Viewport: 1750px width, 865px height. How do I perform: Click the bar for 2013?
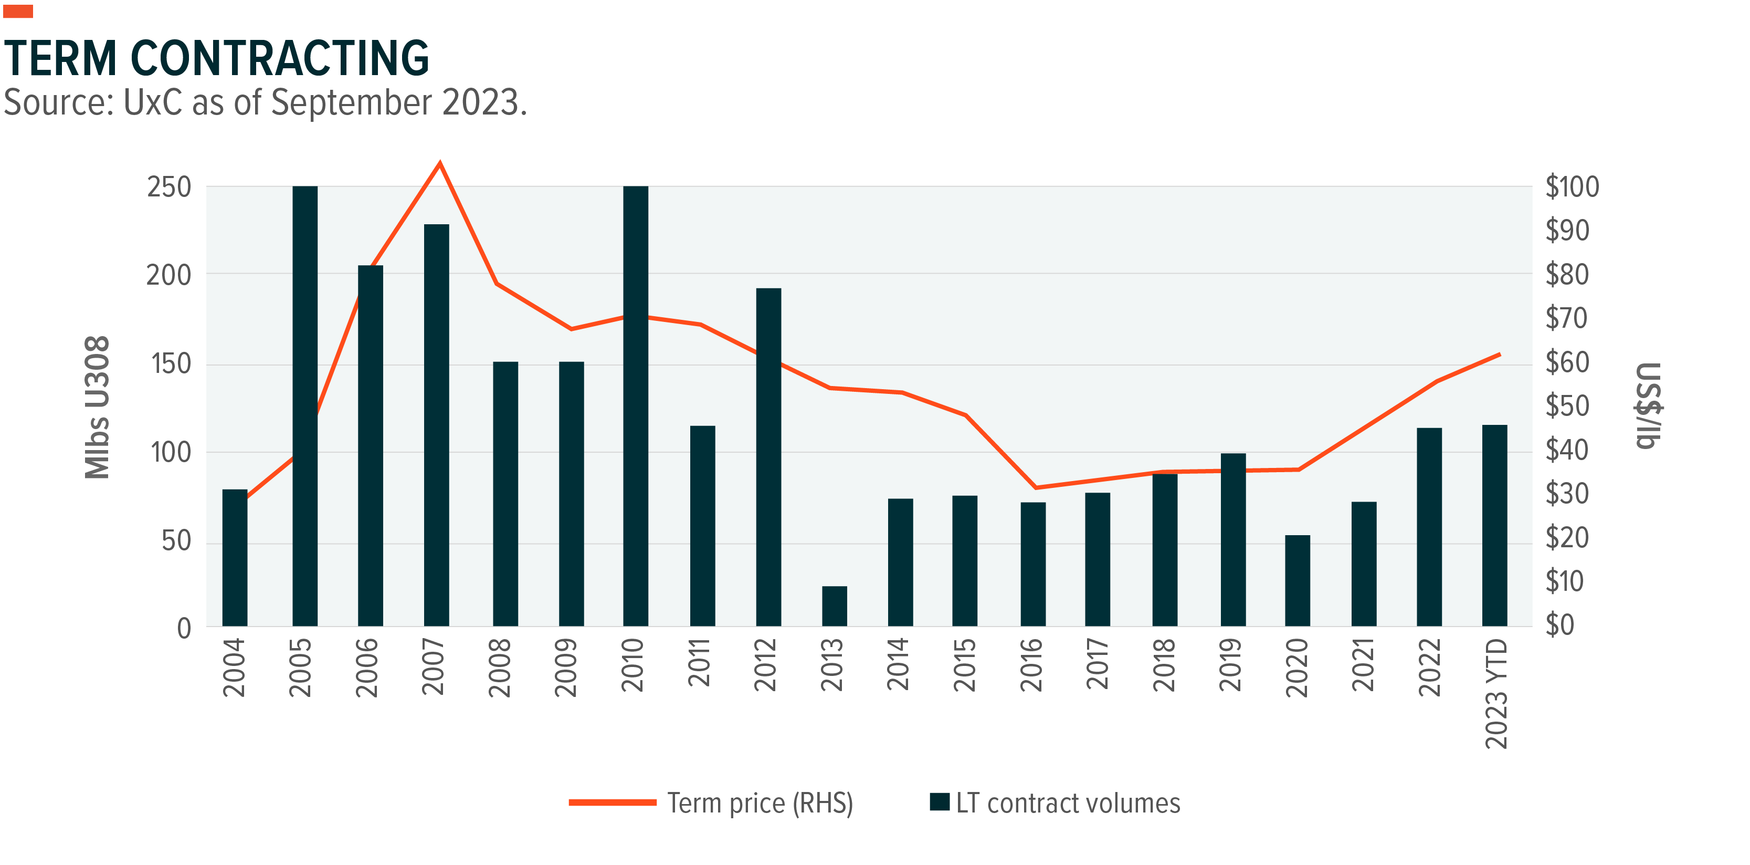click(x=834, y=606)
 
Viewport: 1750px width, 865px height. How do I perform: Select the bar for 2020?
click(x=1297, y=580)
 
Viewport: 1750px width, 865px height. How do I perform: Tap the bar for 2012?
click(x=768, y=456)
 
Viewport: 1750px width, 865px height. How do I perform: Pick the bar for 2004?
click(x=235, y=557)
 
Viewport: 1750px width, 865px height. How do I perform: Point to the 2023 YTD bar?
click(x=1494, y=525)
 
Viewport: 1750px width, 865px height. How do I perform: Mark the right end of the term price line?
click(x=1499, y=355)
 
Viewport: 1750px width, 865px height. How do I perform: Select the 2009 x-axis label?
click(x=566, y=668)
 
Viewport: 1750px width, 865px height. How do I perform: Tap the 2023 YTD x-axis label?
click(x=1496, y=693)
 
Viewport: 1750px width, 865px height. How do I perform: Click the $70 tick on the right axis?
click(x=1566, y=318)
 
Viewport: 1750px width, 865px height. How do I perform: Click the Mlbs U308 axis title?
click(x=97, y=407)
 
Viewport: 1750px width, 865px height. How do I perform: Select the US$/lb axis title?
click(x=1649, y=405)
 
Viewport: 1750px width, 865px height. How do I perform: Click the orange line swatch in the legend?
click(x=612, y=803)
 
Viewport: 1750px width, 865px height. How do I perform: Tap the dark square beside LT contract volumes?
click(x=940, y=802)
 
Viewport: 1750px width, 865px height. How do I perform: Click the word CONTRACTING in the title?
click(x=279, y=58)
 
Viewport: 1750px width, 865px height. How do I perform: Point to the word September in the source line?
click(x=351, y=103)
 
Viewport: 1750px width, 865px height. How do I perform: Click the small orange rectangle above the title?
click(x=18, y=11)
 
